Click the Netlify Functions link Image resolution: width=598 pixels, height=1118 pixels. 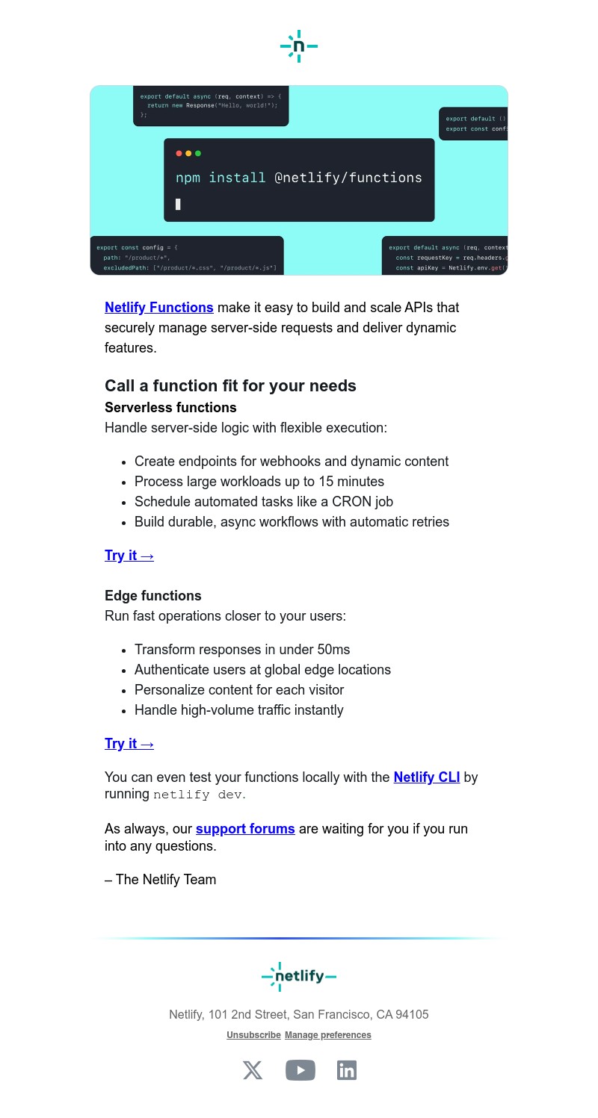click(158, 308)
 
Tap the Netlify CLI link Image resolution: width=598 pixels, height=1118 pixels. click(426, 777)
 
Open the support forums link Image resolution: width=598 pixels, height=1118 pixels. click(245, 829)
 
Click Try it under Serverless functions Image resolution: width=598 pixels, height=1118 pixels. click(129, 556)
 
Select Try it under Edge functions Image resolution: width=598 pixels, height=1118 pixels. click(129, 744)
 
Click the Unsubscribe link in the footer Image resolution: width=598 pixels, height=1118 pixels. click(253, 1035)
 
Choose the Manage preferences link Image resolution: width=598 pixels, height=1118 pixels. click(327, 1035)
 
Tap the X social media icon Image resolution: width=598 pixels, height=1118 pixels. click(253, 1070)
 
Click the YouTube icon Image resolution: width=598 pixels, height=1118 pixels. click(300, 1070)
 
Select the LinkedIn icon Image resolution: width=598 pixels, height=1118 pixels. click(347, 1070)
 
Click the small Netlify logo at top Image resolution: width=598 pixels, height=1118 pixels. click(299, 46)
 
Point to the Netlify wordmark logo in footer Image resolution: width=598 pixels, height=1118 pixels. click(299, 976)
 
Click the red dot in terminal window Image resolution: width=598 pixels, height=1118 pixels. click(179, 154)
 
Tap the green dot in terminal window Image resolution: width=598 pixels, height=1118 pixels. click(198, 154)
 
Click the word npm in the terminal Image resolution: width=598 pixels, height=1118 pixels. click(188, 178)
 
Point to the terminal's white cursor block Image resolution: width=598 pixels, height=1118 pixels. click(178, 204)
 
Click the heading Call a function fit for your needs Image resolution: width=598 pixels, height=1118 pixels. click(230, 386)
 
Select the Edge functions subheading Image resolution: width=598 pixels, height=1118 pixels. click(153, 596)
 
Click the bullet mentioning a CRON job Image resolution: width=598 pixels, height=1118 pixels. click(263, 502)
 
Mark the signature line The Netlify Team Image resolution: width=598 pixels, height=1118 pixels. click(160, 880)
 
